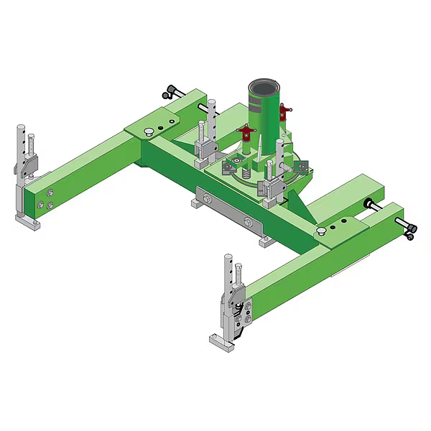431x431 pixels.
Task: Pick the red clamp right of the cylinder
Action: coord(287,111)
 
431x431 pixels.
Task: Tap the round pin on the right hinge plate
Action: coord(322,230)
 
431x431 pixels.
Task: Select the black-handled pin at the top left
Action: coord(171,91)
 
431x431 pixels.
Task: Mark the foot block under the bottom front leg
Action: coord(223,343)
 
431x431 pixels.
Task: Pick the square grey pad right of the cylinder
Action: coord(302,165)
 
